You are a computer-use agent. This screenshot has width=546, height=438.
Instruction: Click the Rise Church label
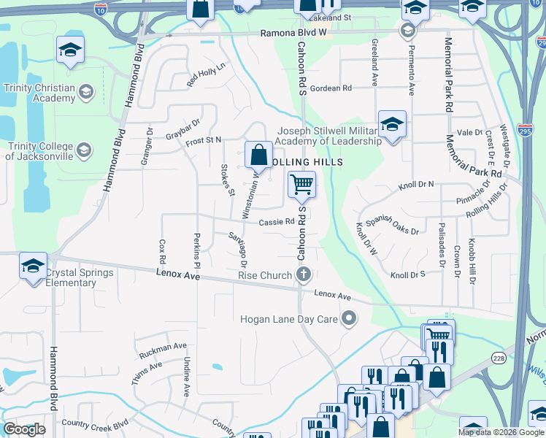point(265,275)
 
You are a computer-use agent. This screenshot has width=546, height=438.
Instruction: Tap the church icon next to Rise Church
point(304,275)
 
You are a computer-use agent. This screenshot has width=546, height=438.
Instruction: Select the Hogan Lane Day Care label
point(289,319)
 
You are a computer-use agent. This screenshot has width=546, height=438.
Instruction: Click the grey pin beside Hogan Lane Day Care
point(350,318)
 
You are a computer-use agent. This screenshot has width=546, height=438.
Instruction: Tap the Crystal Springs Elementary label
point(80,278)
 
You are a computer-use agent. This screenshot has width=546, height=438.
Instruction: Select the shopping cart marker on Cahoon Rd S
point(301,185)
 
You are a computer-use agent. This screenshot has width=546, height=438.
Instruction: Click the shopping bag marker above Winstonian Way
point(258,155)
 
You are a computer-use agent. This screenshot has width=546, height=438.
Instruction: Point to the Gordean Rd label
point(331,88)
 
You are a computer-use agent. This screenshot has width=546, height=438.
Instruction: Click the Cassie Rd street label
point(276,222)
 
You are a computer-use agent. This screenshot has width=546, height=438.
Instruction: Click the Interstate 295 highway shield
point(525,129)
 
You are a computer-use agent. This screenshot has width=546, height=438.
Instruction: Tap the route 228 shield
point(499,357)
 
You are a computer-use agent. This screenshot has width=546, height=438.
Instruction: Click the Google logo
point(24,430)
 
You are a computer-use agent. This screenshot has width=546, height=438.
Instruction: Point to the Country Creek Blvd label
point(95,423)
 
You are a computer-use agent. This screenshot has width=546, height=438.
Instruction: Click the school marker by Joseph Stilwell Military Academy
point(392,124)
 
